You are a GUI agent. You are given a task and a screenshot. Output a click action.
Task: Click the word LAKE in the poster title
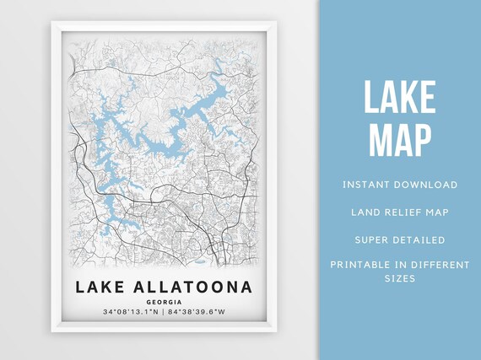point(101,287)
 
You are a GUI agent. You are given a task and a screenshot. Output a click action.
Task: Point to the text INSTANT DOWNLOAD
point(400,185)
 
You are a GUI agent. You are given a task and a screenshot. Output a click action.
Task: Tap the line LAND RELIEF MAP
point(400,212)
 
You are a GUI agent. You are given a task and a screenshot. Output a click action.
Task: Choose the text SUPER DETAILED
point(400,239)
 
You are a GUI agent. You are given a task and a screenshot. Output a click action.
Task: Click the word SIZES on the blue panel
point(400,278)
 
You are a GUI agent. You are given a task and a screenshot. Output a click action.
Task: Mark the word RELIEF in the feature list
point(400,212)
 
